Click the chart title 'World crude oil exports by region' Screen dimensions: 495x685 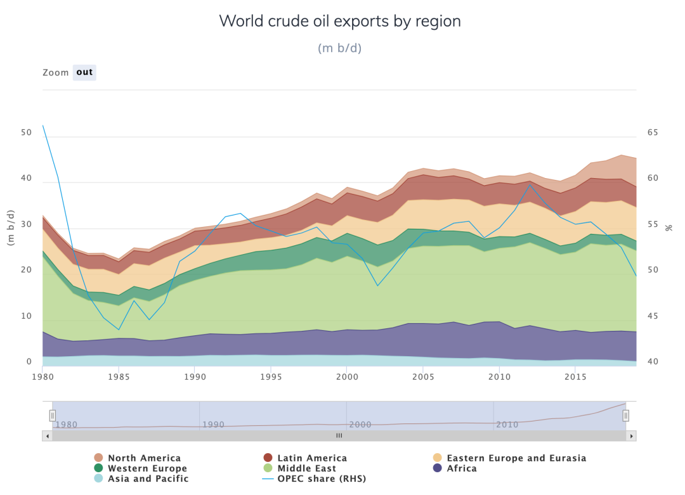(340, 21)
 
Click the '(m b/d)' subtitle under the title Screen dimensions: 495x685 (340, 48)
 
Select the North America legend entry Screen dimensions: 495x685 (144, 458)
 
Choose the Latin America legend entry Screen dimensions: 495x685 (311, 458)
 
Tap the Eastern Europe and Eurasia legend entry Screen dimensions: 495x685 (516, 458)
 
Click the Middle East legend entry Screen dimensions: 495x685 (307, 468)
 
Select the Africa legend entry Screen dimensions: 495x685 (462, 468)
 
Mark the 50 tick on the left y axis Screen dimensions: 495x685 (26, 132)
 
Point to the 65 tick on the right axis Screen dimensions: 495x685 (653, 132)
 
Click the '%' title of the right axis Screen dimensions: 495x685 (669, 227)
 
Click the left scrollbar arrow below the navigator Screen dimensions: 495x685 (47, 436)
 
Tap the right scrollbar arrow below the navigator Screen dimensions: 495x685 (632, 436)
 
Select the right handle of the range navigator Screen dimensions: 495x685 (626, 416)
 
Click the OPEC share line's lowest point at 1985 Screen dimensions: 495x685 (119, 330)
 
